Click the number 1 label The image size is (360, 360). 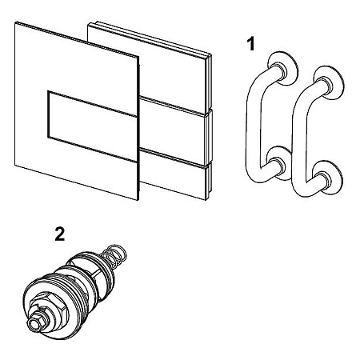pyautogui.click(x=250, y=44)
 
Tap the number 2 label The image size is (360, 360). pyautogui.click(x=60, y=234)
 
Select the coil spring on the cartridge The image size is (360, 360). pyautogui.click(x=114, y=255)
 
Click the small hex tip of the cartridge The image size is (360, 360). pyautogui.click(x=34, y=323)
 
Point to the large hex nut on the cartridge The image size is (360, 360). pyautogui.click(x=43, y=306)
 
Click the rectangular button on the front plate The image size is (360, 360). pyautogui.click(x=92, y=126)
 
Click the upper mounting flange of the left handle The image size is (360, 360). pyautogui.click(x=283, y=68)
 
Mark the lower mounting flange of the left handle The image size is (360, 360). pyautogui.click(x=279, y=163)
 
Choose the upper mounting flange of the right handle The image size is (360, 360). pyautogui.click(x=329, y=82)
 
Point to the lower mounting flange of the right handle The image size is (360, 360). pyautogui.click(x=327, y=178)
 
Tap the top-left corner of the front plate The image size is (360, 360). pyautogui.click(x=15, y=22)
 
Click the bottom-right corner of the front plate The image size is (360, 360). pyautogui.click(x=138, y=200)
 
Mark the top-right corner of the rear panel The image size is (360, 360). pyautogui.click(x=211, y=55)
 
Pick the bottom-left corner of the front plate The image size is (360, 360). pyautogui.click(x=15, y=166)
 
